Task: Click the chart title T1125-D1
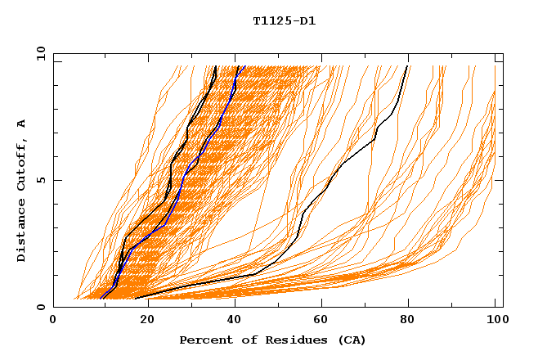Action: coord(284,21)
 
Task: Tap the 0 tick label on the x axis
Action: coord(53,320)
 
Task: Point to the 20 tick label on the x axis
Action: coord(141,320)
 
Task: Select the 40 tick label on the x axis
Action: coord(231,320)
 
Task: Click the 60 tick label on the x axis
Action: coord(319,320)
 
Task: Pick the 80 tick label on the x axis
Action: coord(407,320)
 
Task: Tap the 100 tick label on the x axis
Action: coord(495,320)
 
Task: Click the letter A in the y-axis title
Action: coord(22,124)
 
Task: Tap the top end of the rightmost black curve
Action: coord(408,67)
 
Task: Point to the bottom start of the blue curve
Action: coord(101,298)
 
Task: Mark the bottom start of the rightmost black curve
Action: coord(136,298)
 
